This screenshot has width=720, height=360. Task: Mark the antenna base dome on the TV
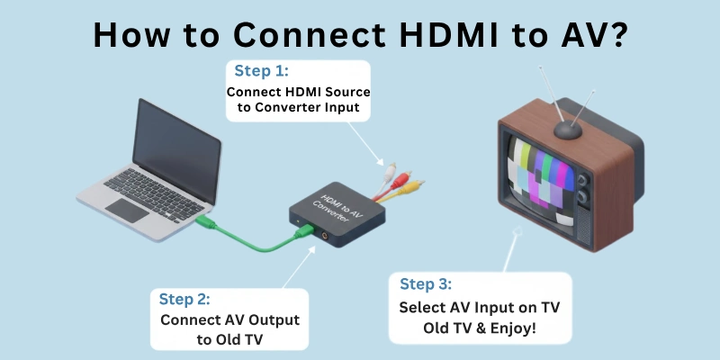(x=567, y=128)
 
